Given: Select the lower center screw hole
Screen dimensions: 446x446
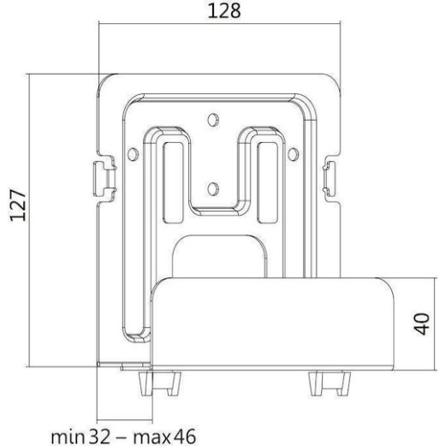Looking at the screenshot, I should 213,183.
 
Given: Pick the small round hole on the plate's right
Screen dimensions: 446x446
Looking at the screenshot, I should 294,153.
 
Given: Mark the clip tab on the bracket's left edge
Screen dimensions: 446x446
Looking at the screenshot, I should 100,175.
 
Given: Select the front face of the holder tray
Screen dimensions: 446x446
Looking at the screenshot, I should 273,325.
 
